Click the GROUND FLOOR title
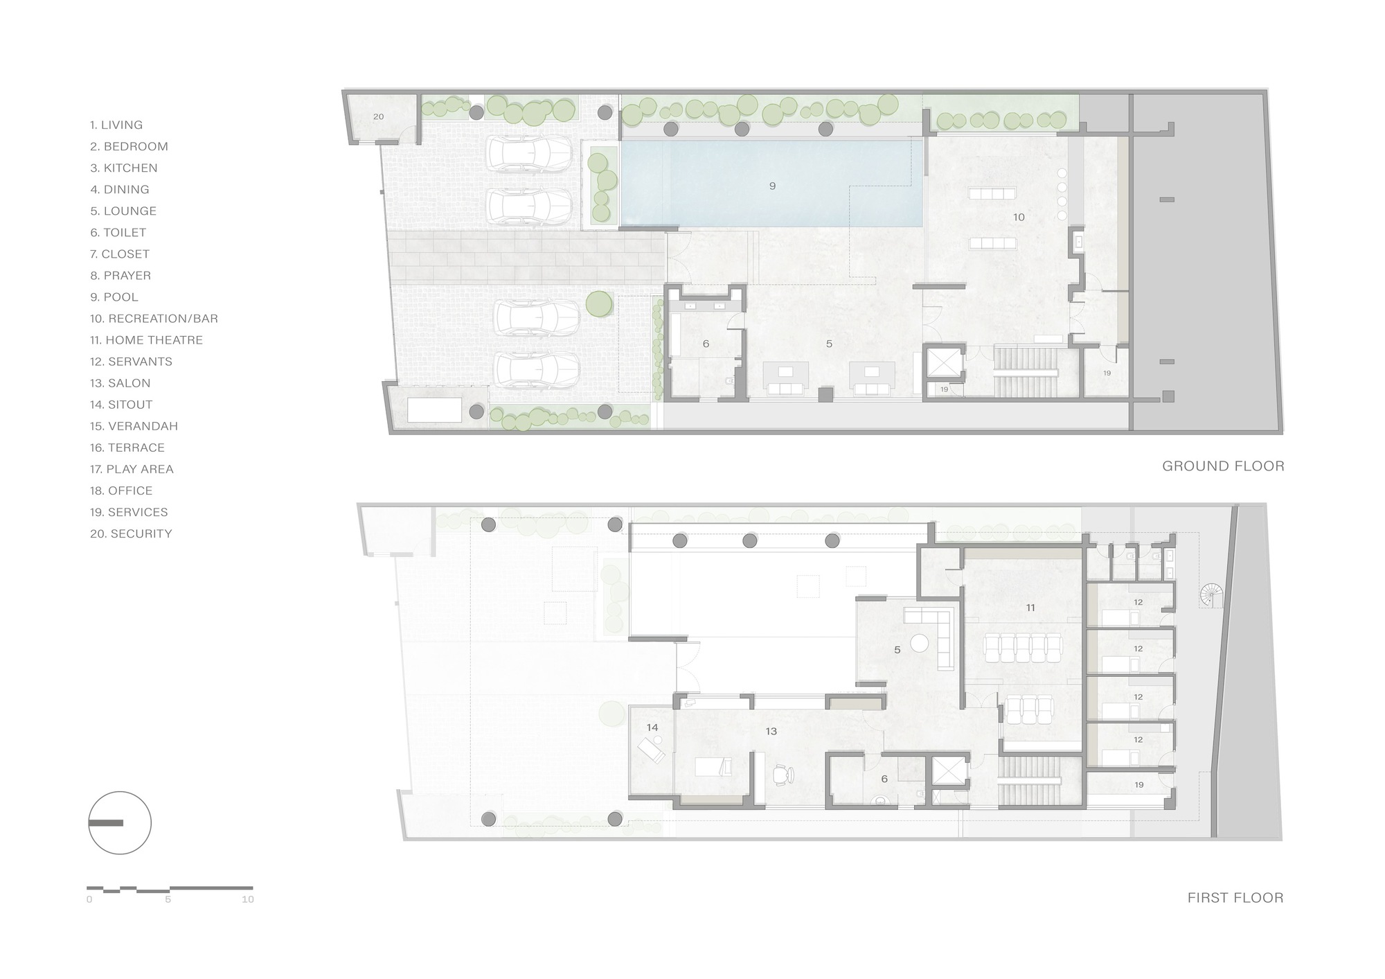(x=1223, y=466)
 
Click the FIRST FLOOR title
(x=1235, y=898)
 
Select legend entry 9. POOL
(x=114, y=297)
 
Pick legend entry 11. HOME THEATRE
(x=146, y=340)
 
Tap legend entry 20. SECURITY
(x=131, y=533)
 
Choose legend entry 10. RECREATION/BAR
(x=154, y=319)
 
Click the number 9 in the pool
(x=772, y=186)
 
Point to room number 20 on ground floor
(x=378, y=117)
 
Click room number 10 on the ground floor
(x=1019, y=217)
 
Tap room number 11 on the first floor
(x=1030, y=608)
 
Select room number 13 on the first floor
(x=771, y=731)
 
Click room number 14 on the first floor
(x=652, y=727)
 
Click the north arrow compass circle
(x=120, y=823)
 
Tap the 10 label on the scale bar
(x=247, y=900)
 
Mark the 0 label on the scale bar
(x=89, y=900)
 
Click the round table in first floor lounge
(x=919, y=643)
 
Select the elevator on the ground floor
(x=945, y=363)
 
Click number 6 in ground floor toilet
(x=706, y=344)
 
